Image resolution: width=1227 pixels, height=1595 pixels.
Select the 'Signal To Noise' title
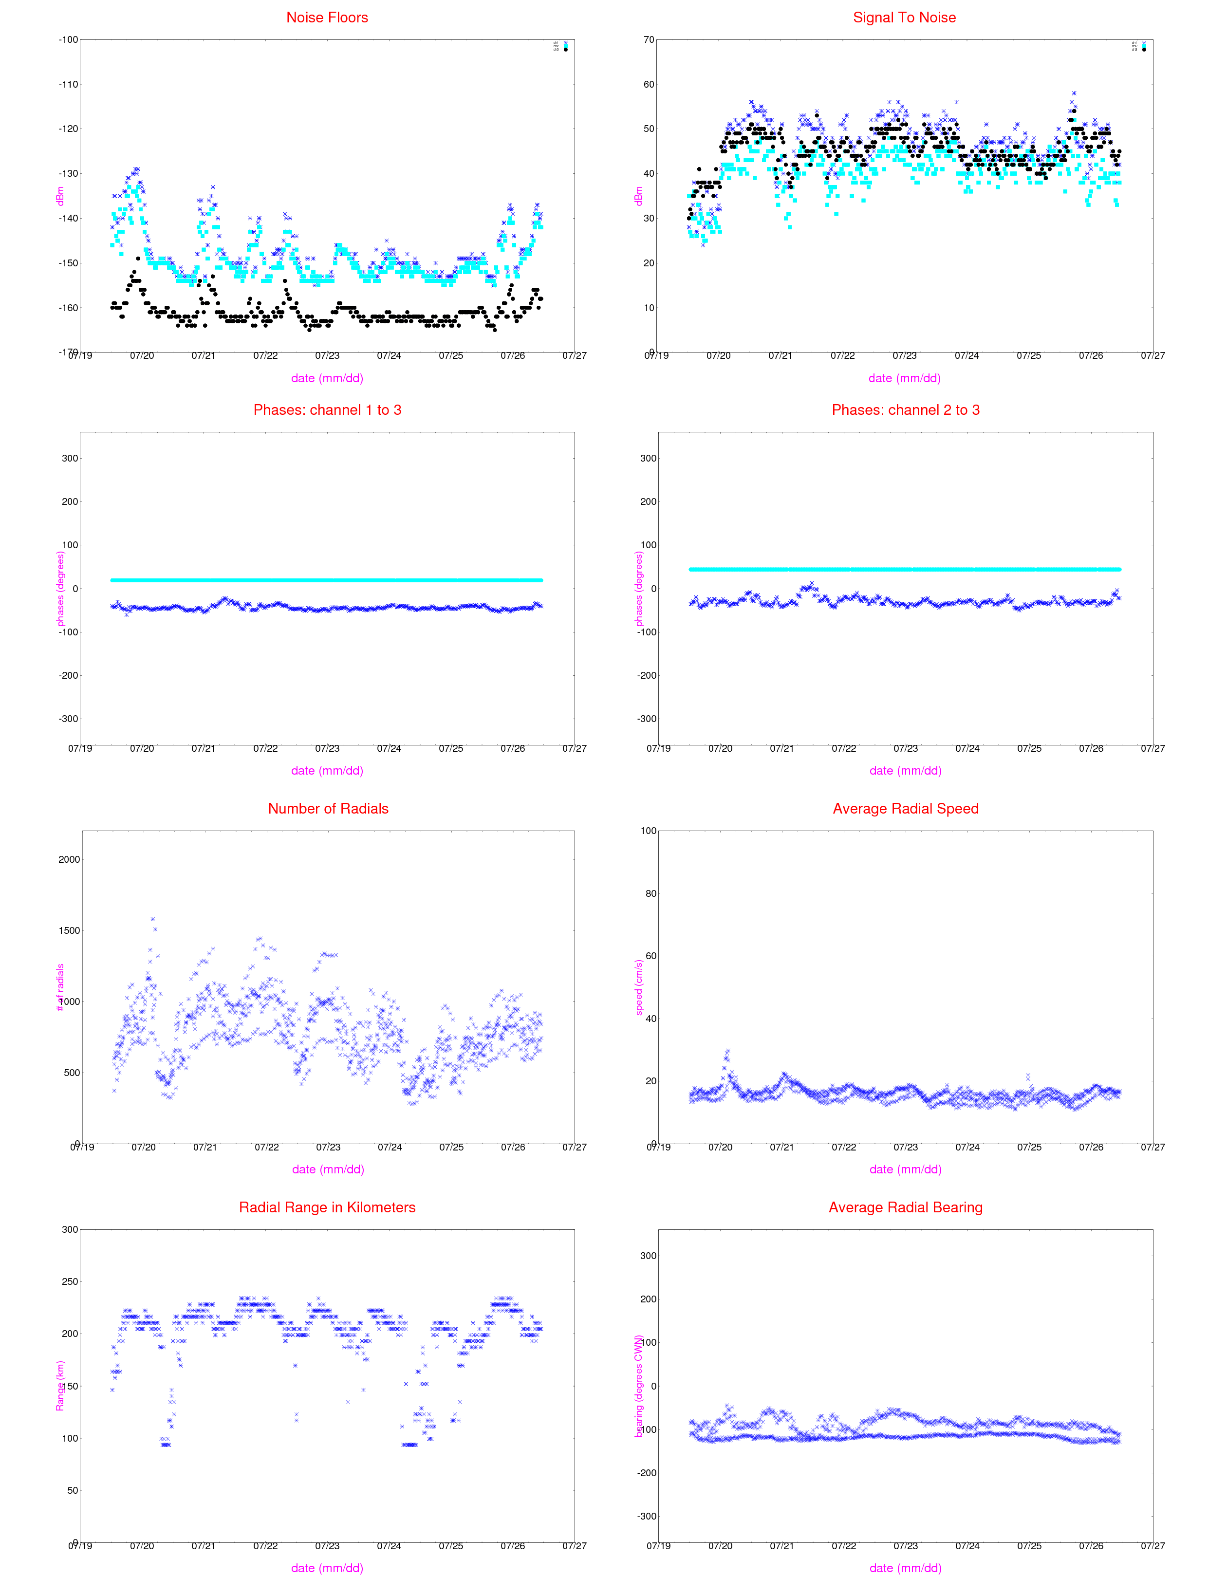click(904, 18)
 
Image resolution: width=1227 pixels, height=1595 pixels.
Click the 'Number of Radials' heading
click(328, 808)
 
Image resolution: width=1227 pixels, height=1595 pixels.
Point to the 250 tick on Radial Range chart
click(69, 1281)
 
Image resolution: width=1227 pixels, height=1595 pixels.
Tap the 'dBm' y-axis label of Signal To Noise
click(638, 196)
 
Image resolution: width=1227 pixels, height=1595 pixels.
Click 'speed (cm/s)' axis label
click(638, 987)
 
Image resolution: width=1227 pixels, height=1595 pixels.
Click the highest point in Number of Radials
click(153, 919)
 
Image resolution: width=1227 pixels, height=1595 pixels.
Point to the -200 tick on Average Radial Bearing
click(647, 1473)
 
